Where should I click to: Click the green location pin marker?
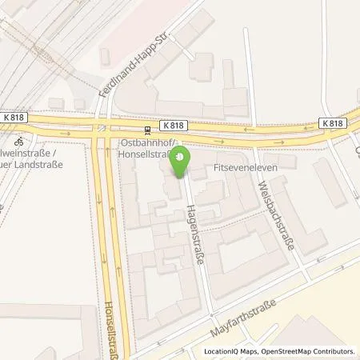pos(181,162)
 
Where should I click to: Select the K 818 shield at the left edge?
pos(14,118)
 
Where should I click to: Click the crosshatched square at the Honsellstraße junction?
pos(102,128)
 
